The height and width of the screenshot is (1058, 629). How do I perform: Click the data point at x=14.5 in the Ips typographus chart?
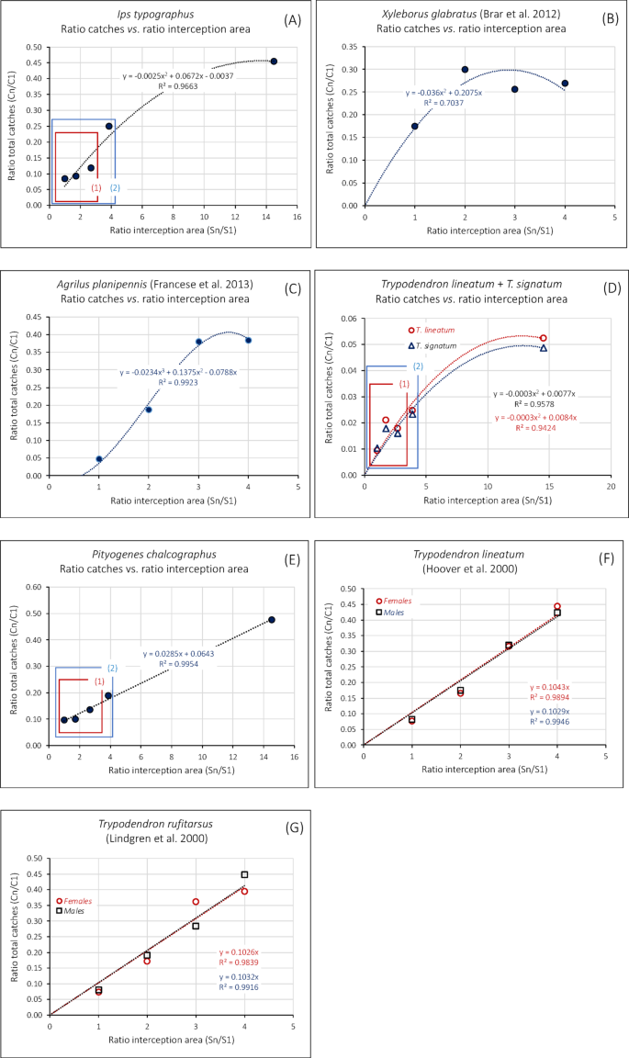pos(274,62)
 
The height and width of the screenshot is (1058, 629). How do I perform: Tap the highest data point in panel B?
pos(465,70)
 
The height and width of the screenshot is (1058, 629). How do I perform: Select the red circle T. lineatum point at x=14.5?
pos(544,338)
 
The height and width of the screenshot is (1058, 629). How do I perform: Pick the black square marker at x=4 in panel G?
pos(244,875)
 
